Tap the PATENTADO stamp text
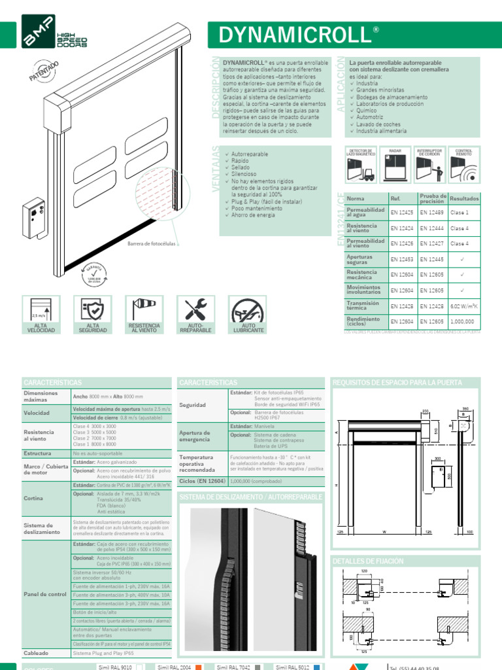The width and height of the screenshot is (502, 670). (x=44, y=71)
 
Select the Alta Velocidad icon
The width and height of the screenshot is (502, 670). (x=41, y=309)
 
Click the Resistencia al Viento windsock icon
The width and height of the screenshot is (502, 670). (x=144, y=309)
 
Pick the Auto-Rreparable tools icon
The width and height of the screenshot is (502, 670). (x=195, y=309)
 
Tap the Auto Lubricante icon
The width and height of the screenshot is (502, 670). (x=248, y=309)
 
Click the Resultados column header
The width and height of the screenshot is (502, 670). (x=464, y=198)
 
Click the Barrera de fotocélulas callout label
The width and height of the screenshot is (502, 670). (x=152, y=245)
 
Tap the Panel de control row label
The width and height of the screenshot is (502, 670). (x=45, y=594)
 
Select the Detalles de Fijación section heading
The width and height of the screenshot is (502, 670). (x=369, y=561)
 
